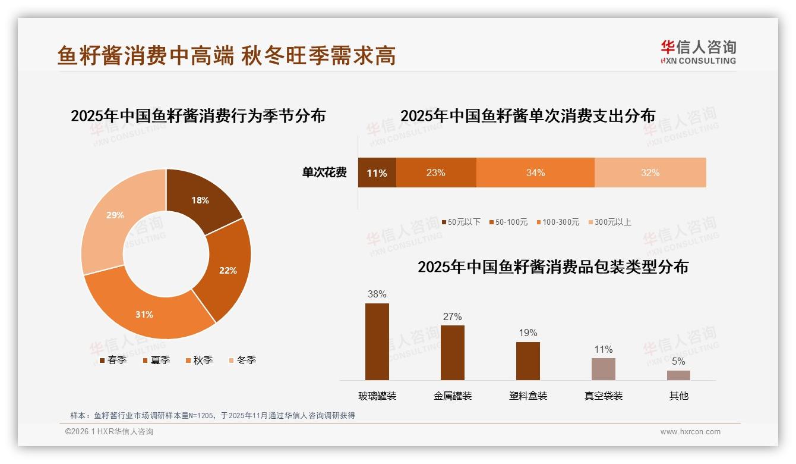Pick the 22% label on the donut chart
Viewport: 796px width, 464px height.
[x=228, y=270]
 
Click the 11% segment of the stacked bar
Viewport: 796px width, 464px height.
[x=377, y=173]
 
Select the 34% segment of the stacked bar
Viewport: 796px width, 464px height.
[x=535, y=173]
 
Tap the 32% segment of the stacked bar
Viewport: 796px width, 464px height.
[x=650, y=173]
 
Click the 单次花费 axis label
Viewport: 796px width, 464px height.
[x=324, y=173]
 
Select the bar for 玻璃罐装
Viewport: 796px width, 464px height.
[x=377, y=342]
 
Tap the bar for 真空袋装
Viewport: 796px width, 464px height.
[x=603, y=369]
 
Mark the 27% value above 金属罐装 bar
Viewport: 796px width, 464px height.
[x=452, y=317]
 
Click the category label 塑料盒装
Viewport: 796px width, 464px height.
[x=528, y=396]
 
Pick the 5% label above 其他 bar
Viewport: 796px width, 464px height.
[x=678, y=361]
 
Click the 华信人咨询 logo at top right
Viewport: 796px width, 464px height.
[x=698, y=52]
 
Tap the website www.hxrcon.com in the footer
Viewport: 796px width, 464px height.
[x=690, y=432]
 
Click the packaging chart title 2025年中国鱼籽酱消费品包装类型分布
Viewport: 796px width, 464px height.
[x=552, y=267]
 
